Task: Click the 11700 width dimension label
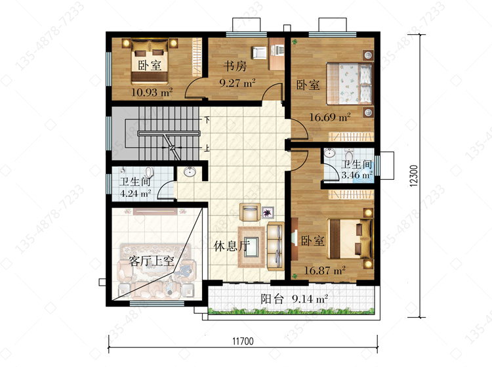(x=243, y=341)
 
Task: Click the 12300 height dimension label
(x=414, y=176)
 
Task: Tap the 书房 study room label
(x=235, y=66)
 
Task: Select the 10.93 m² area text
(x=152, y=93)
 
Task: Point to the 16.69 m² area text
(x=330, y=118)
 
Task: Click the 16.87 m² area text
(x=325, y=270)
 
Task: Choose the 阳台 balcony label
(x=272, y=299)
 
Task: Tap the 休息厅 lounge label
(x=232, y=246)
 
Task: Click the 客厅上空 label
(x=152, y=261)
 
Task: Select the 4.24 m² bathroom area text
(x=135, y=193)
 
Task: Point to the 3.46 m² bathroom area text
(x=357, y=175)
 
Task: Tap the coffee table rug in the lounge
(x=251, y=247)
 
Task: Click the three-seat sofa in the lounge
(x=276, y=246)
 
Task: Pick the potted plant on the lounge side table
(x=268, y=213)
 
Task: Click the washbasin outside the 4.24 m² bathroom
(x=190, y=172)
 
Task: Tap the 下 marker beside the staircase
(x=207, y=119)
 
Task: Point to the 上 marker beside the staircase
(x=207, y=148)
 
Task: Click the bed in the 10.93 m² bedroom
(x=150, y=62)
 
